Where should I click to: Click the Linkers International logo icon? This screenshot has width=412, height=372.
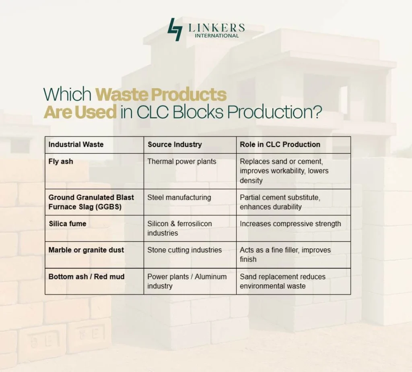coord(175,29)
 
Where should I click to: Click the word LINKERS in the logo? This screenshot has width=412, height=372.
coord(216,27)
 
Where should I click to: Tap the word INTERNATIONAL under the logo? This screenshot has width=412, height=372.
coord(216,35)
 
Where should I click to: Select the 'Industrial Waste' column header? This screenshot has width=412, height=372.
coord(76,145)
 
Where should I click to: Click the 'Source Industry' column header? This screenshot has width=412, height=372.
coord(175,145)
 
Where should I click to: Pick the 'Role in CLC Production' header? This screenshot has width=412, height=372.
coord(280,145)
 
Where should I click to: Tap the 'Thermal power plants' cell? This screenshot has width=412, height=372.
coord(182,161)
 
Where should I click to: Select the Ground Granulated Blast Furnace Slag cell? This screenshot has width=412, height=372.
coord(91,202)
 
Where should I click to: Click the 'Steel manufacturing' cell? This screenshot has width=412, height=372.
coord(179,198)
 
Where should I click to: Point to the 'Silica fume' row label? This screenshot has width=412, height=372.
coord(67,224)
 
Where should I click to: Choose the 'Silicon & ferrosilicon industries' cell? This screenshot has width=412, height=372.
coord(179,228)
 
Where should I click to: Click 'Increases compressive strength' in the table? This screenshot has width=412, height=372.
coord(290,224)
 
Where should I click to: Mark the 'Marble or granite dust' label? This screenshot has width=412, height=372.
coord(86,250)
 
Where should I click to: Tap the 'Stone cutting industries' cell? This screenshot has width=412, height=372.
coord(184,250)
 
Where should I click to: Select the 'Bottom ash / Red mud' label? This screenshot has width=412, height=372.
coord(87,277)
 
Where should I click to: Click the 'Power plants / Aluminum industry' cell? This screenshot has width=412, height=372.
coord(187,281)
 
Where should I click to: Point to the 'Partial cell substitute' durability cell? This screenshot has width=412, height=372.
coord(280,202)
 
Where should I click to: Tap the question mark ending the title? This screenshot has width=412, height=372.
coord(317,112)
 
